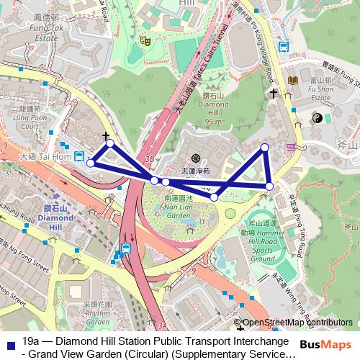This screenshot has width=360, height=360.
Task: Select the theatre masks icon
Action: (145, 41)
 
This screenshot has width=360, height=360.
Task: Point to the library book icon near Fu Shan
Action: (293, 80)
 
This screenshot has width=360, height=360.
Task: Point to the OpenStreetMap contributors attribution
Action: (298, 323)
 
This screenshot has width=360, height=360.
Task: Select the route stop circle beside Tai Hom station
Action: (91, 163)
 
